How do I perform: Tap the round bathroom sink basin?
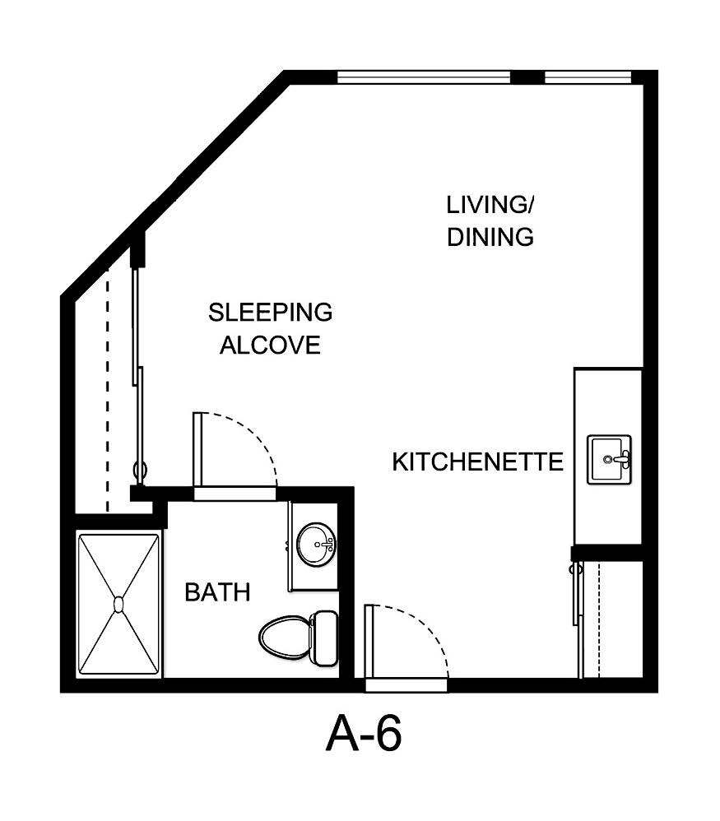point(316,545)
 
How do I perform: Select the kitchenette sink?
point(609,459)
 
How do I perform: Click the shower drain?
point(118,605)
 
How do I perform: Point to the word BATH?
point(217,592)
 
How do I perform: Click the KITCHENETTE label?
point(477,462)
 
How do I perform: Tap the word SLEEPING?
point(270,313)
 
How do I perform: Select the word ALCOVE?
point(270,346)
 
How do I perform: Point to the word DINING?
point(490,237)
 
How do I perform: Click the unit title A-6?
point(364,734)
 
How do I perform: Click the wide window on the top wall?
point(424,78)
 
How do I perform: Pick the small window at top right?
point(588,78)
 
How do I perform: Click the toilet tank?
point(323,638)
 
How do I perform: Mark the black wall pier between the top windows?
point(527,78)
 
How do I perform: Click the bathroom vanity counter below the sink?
point(314,579)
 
